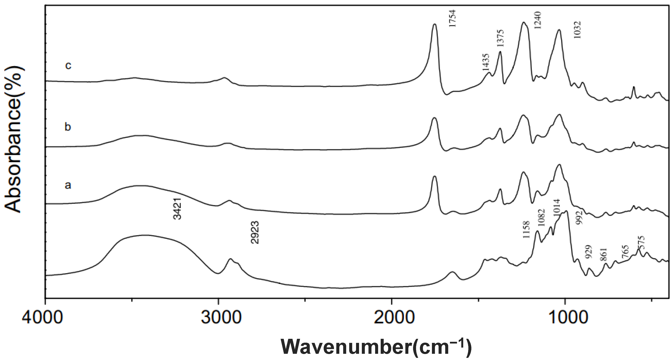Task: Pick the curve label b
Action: [x=68, y=127]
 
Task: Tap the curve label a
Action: [x=68, y=185]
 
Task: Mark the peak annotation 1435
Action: [x=486, y=62]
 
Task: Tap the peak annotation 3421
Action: [x=177, y=209]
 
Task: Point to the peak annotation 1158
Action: [x=526, y=229]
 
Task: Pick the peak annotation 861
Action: [x=604, y=255]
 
